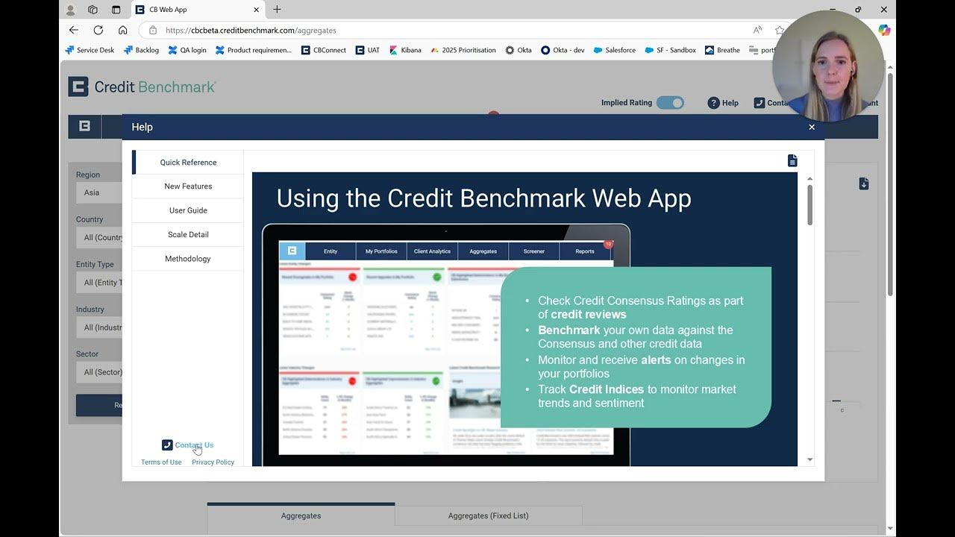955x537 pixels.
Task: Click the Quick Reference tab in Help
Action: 188,163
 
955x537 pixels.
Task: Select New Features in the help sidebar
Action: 188,186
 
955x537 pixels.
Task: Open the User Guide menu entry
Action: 188,210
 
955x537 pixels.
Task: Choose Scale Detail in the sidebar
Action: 188,234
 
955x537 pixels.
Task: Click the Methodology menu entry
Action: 188,259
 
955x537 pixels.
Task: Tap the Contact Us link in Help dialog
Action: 193,445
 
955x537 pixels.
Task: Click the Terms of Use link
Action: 161,462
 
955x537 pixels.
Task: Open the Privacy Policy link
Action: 213,462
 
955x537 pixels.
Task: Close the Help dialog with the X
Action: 812,127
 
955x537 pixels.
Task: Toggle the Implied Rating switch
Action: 670,103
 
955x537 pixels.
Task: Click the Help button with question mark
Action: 723,103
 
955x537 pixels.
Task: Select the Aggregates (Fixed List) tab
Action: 488,515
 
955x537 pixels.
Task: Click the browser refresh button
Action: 98,31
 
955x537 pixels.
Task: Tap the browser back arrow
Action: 73,31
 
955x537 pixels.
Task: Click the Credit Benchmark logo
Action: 142,87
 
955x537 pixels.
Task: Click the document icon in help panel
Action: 792,161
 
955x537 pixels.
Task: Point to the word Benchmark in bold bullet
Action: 569,330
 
